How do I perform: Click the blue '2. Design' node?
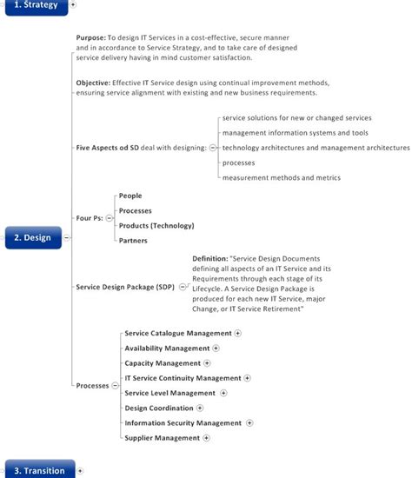32,237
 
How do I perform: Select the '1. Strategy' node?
34,5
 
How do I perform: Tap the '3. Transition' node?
37,470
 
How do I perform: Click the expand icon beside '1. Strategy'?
73,5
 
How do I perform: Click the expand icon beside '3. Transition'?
80,470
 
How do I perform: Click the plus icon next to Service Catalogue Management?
238,333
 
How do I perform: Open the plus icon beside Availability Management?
216,349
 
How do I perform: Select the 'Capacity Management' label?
163,363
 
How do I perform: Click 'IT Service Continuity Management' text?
183,378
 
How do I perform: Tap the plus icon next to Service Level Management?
223,393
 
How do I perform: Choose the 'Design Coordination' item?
159,408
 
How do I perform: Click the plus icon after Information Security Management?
249,423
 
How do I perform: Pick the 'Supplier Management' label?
162,438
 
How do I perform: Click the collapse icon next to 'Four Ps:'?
109,218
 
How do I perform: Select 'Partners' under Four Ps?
133,241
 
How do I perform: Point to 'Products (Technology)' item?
156,226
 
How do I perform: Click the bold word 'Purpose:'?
90,38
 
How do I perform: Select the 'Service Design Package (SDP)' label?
125,286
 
